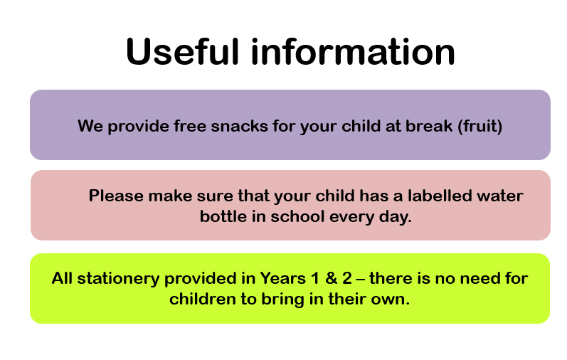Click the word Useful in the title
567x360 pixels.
[183, 51]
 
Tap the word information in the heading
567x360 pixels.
[353, 51]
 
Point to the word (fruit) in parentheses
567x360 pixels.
[480, 126]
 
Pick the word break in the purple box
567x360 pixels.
[429, 126]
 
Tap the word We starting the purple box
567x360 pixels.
[90, 126]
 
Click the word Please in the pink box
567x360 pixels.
[116, 196]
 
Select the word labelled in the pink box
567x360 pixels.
[440, 196]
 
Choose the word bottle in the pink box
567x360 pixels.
[223, 216]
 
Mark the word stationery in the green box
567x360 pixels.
[118, 279]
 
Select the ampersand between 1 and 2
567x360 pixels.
[332, 278]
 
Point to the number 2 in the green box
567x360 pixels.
[346, 278]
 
